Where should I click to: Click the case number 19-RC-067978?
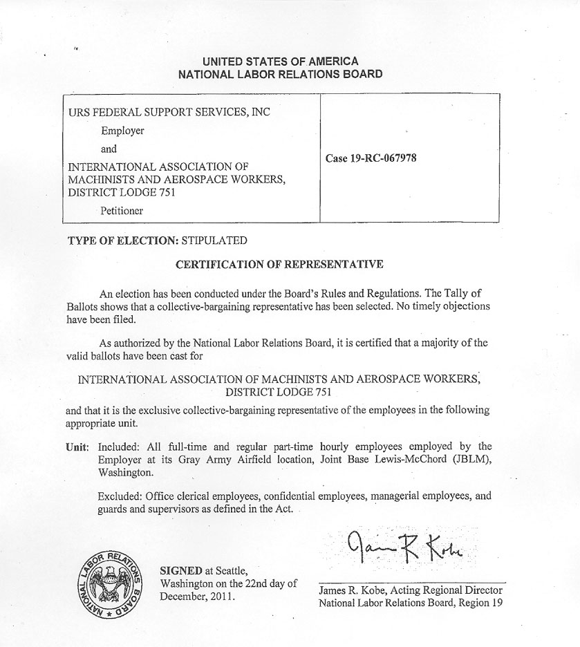(x=371, y=158)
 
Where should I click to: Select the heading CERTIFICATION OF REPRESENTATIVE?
(x=279, y=264)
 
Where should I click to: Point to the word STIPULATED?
(x=214, y=241)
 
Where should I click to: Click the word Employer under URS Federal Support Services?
(x=122, y=131)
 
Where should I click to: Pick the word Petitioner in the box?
(x=122, y=211)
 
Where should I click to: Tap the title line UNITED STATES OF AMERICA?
(x=280, y=62)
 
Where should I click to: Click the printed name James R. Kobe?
(x=352, y=590)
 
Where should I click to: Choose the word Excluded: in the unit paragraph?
(x=122, y=496)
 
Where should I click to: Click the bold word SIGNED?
(x=181, y=571)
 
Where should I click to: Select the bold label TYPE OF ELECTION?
(x=122, y=241)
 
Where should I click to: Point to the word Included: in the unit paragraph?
(x=121, y=447)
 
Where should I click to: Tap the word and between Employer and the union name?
(x=109, y=149)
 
